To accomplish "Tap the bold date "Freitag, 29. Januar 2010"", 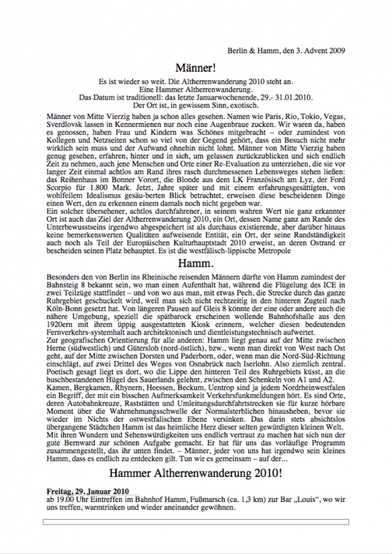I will (x=88, y=491).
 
